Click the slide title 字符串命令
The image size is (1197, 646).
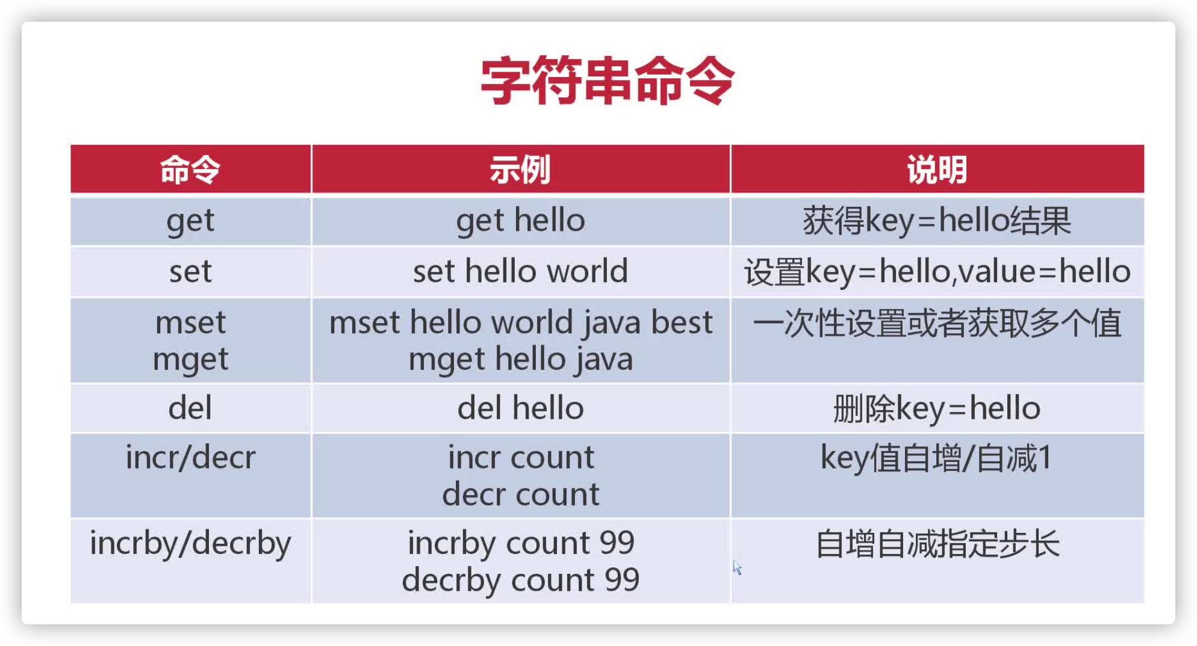(x=607, y=81)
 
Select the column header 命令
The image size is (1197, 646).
(x=190, y=170)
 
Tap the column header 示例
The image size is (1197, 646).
(x=520, y=170)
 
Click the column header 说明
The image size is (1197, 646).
(x=937, y=170)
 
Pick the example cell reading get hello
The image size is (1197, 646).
(x=520, y=221)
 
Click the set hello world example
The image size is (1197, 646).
(x=520, y=271)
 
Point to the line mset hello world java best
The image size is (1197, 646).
(x=520, y=322)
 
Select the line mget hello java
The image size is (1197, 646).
(x=520, y=359)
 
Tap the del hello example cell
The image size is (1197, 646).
(x=520, y=408)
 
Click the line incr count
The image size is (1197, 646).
(x=520, y=457)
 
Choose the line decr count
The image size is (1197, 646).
(x=520, y=494)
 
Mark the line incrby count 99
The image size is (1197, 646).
(x=520, y=543)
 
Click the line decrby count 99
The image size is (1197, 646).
(x=520, y=580)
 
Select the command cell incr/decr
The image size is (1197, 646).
(x=190, y=457)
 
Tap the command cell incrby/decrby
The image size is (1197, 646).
(x=190, y=543)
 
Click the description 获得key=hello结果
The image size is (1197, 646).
(x=937, y=221)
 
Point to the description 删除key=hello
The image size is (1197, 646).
(x=937, y=408)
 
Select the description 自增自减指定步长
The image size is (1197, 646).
(x=937, y=544)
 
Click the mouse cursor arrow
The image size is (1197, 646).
(x=737, y=567)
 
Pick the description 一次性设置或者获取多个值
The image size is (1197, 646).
(x=937, y=323)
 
